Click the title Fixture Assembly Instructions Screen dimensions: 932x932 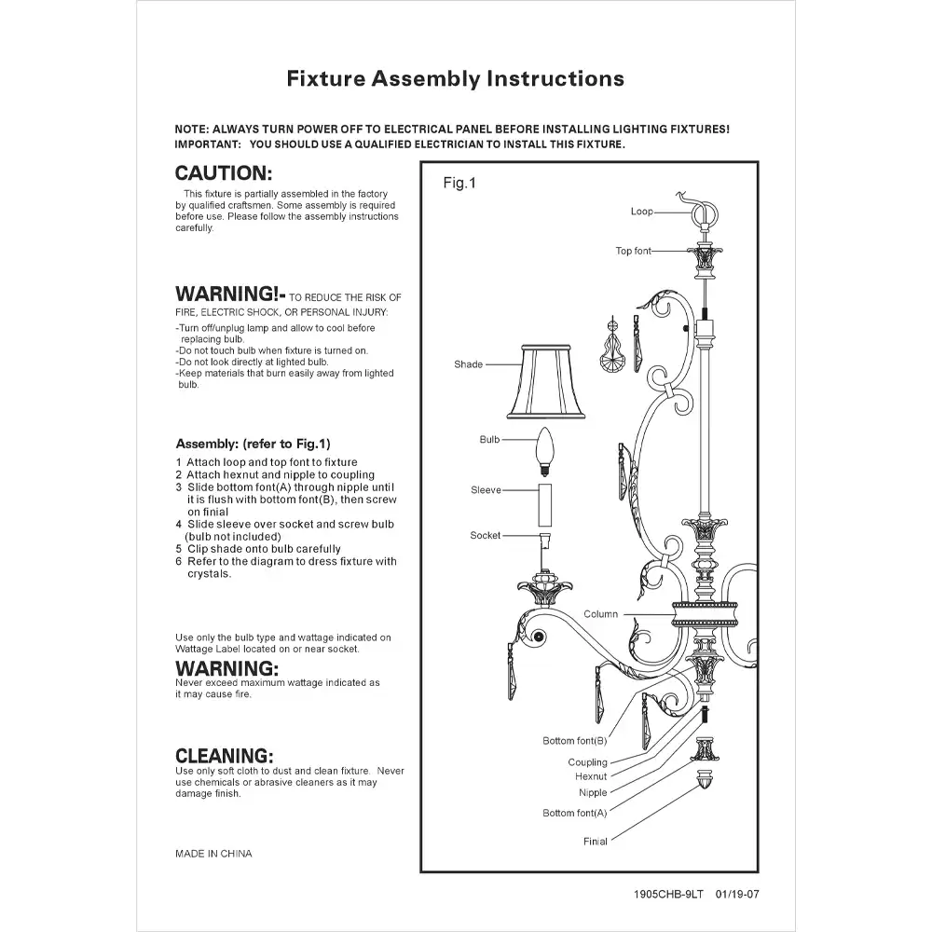pyautogui.click(x=455, y=78)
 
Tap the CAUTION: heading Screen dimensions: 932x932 pyautogui.click(x=224, y=173)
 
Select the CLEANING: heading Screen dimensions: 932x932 pyautogui.click(x=225, y=756)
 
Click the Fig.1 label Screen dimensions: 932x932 pyautogui.click(x=459, y=184)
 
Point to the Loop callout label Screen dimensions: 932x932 pyautogui.click(x=641, y=212)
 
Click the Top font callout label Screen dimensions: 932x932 pyautogui.click(x=633, y=251)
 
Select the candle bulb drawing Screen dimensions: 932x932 pyautogui.click(x=543, y=450)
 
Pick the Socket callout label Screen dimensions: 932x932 pyautogui.click(x=485, y=536)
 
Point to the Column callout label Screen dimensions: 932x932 pyautogui.click(x=600, y=614)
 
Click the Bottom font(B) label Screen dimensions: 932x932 pyautogui.click(x=574, y=741)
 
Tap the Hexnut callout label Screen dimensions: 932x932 pyautogui.click(x=591, y=776)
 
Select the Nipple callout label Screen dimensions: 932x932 pyautogui.click(x=592, y=793)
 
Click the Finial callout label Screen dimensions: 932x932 pyautogui.click(x=595, y=842)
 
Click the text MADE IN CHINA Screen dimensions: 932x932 pyautogui.click(x=213, y=853)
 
